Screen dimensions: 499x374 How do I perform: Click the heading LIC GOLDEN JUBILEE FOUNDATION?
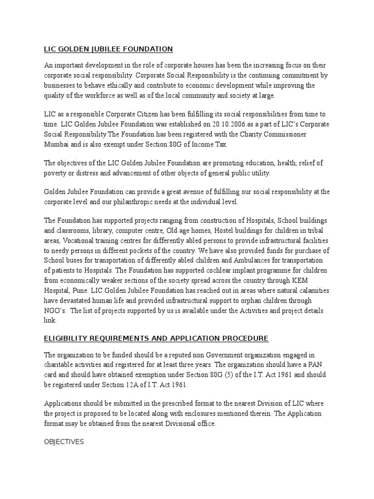click(108, 49)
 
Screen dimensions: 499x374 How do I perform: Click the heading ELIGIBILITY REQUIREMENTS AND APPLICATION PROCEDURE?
click(156, 338)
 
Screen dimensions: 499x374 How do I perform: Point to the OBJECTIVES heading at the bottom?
click(64, 441)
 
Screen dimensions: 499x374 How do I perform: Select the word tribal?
click(319, 231)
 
